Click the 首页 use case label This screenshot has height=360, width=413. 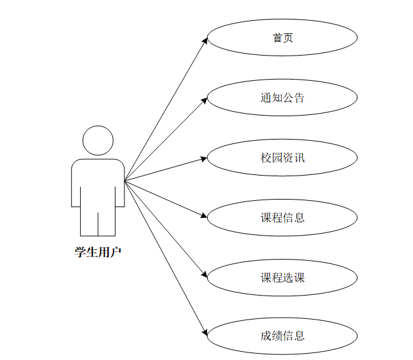(282, 39)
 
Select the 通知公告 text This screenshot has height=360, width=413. (282, 98)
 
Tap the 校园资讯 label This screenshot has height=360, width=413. (282, 157)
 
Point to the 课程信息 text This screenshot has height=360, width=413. (282, 217)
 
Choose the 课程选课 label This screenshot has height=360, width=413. (282, 277)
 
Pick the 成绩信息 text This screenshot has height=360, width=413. (282, 336)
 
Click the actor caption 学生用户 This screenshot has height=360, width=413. (98, 253)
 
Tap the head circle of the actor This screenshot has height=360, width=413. (98, 140)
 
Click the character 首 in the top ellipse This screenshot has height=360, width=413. (277, 39)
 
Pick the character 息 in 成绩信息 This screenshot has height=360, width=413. (299, 336)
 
